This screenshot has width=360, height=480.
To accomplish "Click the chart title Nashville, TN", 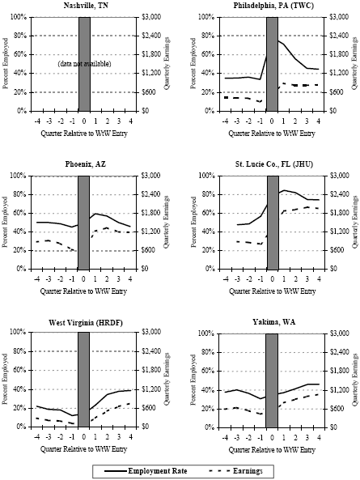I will [x=84, y=6].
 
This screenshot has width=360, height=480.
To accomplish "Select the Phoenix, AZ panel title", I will [x=84, y=164].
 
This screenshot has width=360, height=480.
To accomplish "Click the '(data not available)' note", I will [x=84, y=63].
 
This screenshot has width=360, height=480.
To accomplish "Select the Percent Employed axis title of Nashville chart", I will [x=6, y=63].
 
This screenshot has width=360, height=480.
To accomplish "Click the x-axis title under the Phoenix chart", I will [x=84, y=290].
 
